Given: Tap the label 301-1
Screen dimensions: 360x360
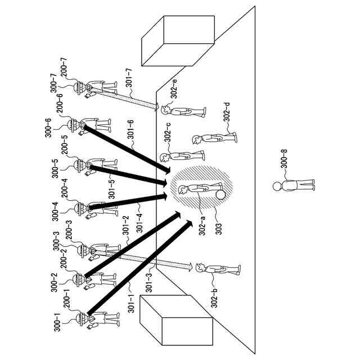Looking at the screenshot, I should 129,304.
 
